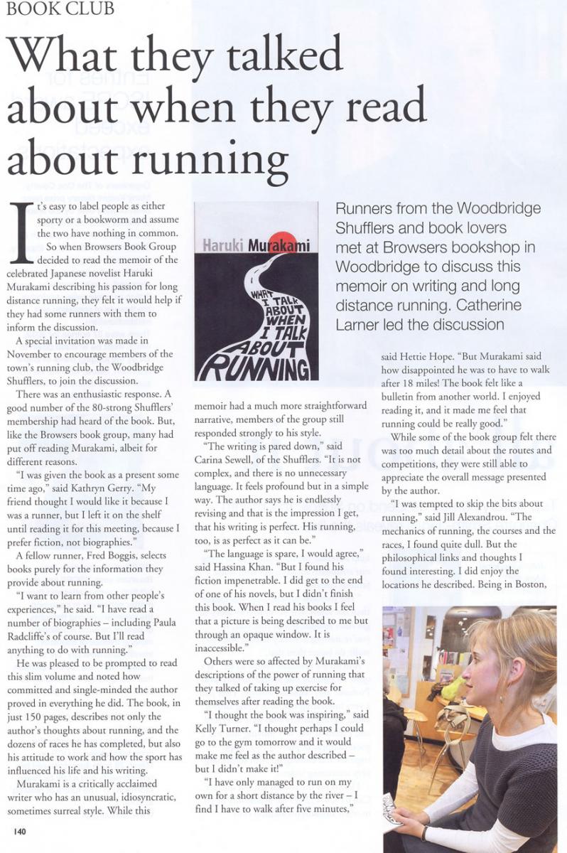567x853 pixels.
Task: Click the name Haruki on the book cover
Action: pyautogui.click(x=225, y=247)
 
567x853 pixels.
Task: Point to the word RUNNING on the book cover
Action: pyautogui.click(x=253, y=367)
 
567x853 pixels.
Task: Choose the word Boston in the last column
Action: pyautogui.click(x=534, y=584)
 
